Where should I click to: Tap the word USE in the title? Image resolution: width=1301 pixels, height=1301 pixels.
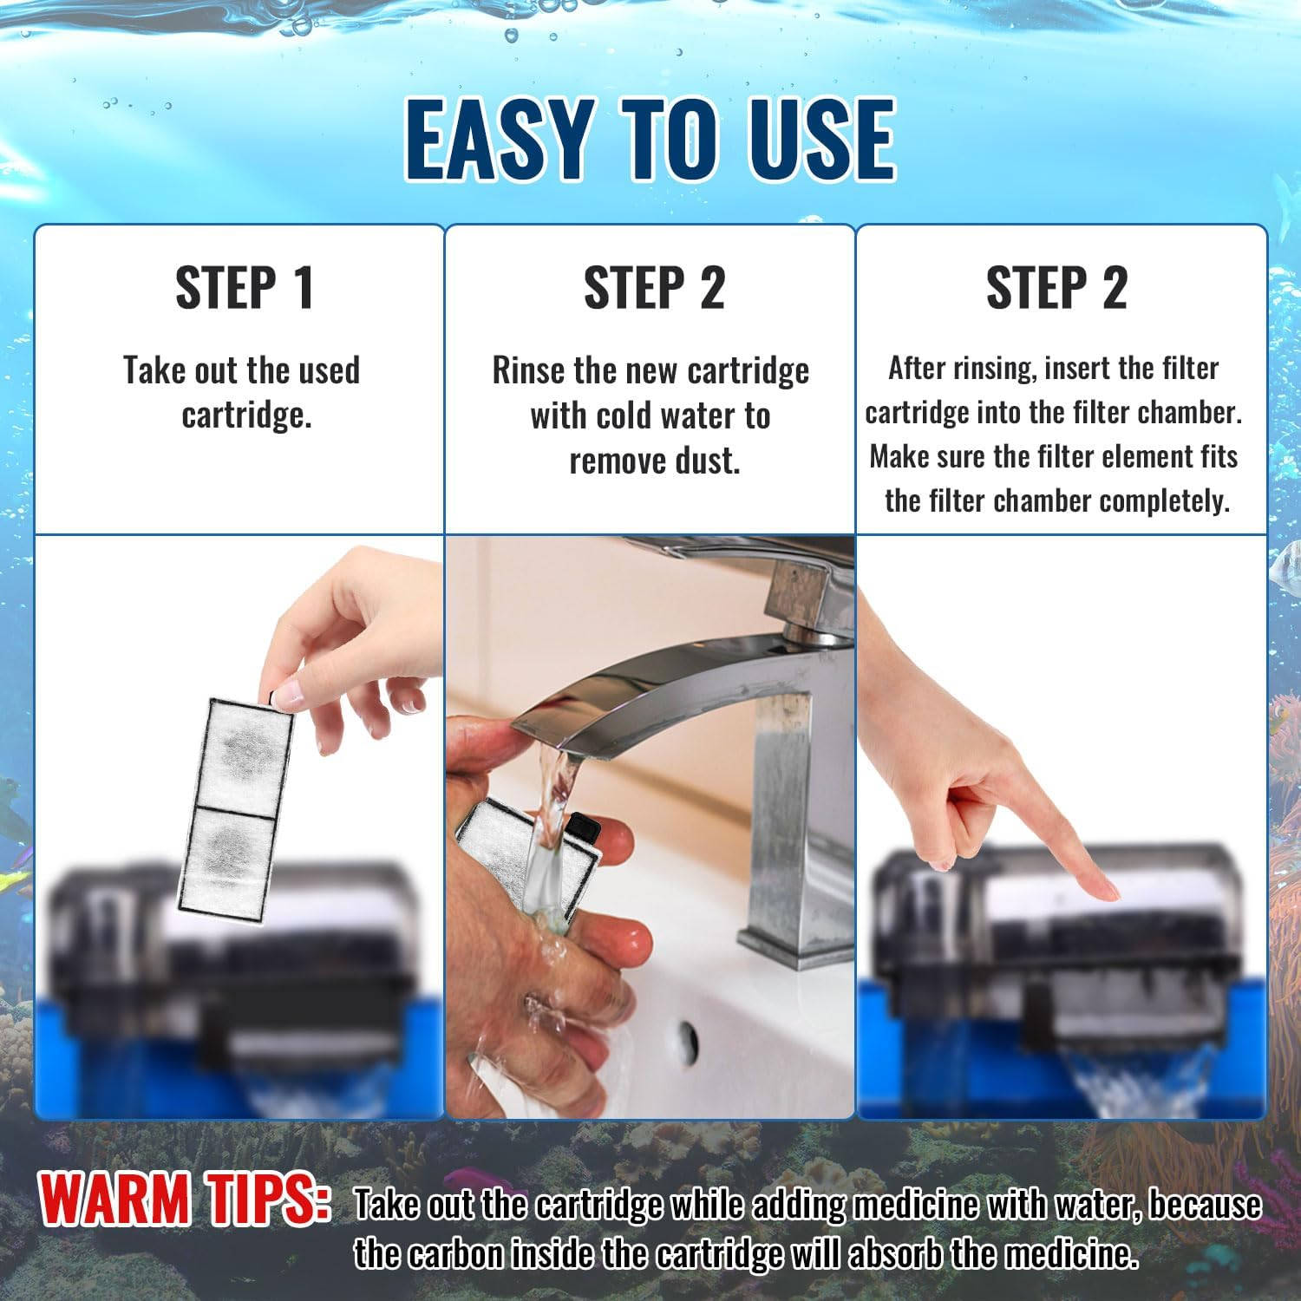point(814,139)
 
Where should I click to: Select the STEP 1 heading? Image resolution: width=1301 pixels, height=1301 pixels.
point(245,288)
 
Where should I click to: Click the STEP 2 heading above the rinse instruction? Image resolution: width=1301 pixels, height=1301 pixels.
point(654,288)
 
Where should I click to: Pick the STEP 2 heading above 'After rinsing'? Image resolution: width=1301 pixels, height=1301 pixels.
point(1056,288)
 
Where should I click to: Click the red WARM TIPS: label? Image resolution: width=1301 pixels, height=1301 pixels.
point(184,1200)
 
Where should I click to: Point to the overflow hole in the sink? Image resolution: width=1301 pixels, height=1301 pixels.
point(688,1035)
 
